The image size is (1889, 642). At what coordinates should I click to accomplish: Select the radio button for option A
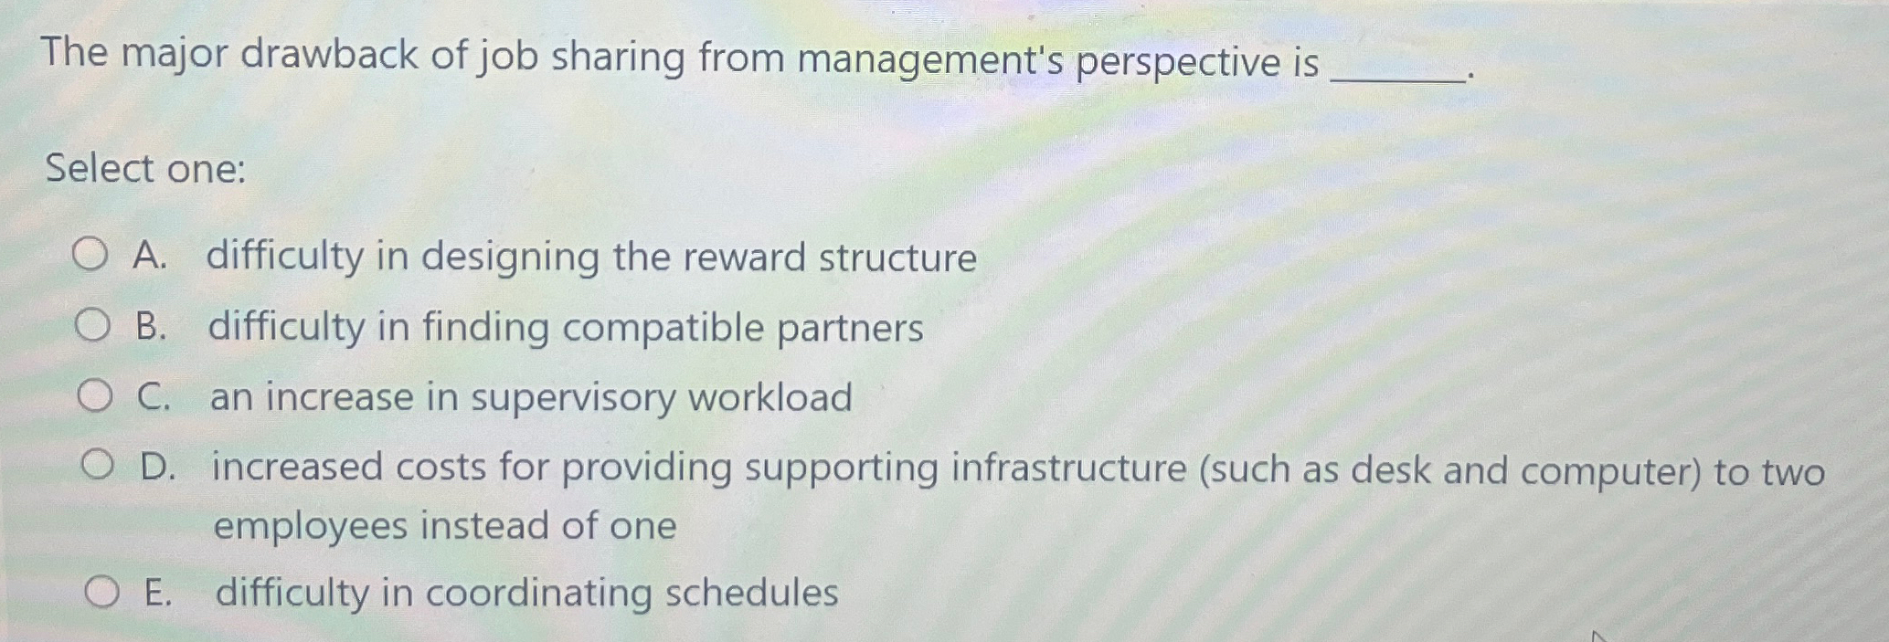[90, 255]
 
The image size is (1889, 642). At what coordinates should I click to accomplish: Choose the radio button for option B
[92, 324]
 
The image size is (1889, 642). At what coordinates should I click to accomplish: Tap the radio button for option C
[94, 395]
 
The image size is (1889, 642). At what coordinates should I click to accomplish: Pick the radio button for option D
[97, 466]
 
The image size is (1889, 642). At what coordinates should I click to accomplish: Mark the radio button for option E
[101, 592]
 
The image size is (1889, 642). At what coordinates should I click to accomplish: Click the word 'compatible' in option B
[660, 328]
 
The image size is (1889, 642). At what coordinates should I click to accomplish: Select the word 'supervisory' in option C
[572, 398]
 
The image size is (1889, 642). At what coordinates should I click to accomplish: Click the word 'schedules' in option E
[751, 593]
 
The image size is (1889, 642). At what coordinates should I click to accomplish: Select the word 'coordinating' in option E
[538, 593]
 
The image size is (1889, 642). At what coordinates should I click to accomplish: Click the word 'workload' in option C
[769, 398]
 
